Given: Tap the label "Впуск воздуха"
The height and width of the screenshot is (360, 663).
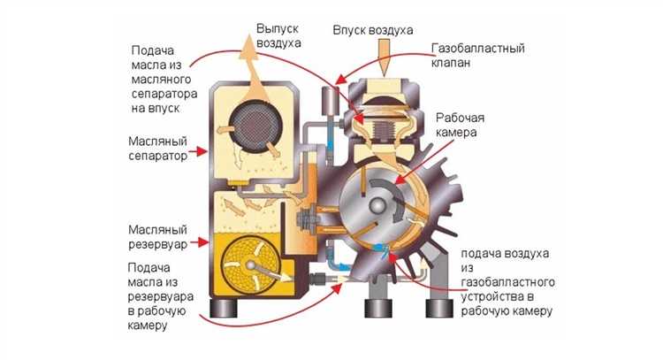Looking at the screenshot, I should [373, 30].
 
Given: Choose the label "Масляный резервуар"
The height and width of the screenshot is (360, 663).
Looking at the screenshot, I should [158, 229].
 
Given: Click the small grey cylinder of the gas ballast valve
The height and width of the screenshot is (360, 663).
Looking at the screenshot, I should [335, 101].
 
